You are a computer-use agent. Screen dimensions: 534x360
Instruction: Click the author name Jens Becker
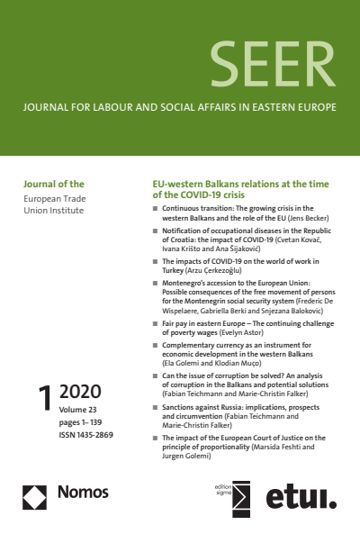pyautogui.click(x=310, y=218)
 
